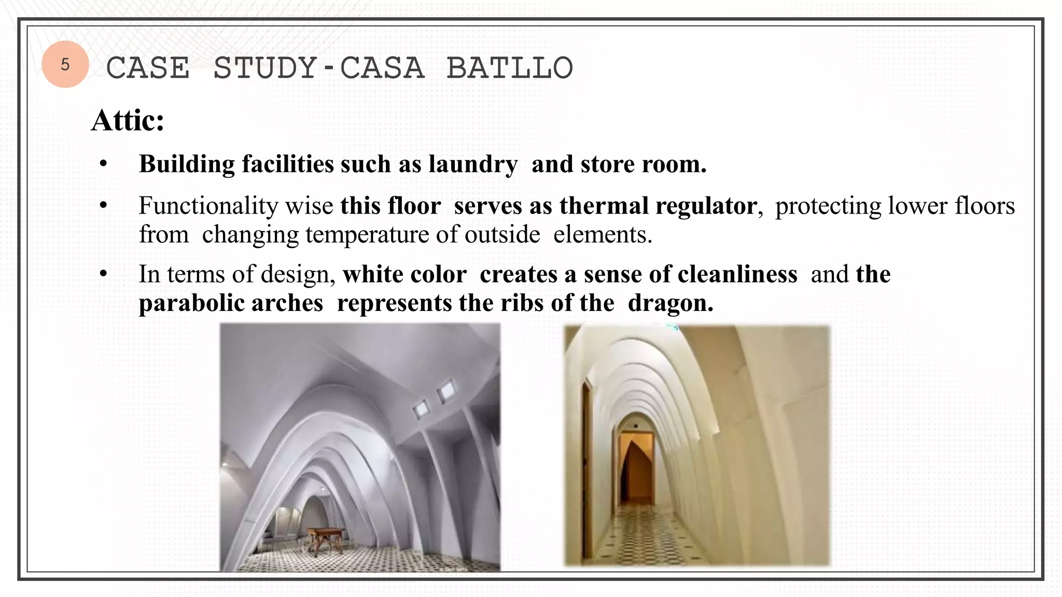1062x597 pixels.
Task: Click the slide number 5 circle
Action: point(65,64)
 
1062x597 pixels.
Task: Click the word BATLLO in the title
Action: point(509,68)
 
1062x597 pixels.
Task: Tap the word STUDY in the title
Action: point(265,68)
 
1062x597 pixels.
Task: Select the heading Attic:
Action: point(128,121)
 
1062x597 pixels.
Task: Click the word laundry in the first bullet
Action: point(473,164)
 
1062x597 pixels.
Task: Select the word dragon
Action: point(670,303)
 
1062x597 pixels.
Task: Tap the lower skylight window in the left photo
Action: point(422,410)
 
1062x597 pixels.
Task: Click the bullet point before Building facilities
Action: point(104,164)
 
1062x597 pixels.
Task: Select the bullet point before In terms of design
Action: point(104,274)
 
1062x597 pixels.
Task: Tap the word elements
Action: point(602,234)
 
